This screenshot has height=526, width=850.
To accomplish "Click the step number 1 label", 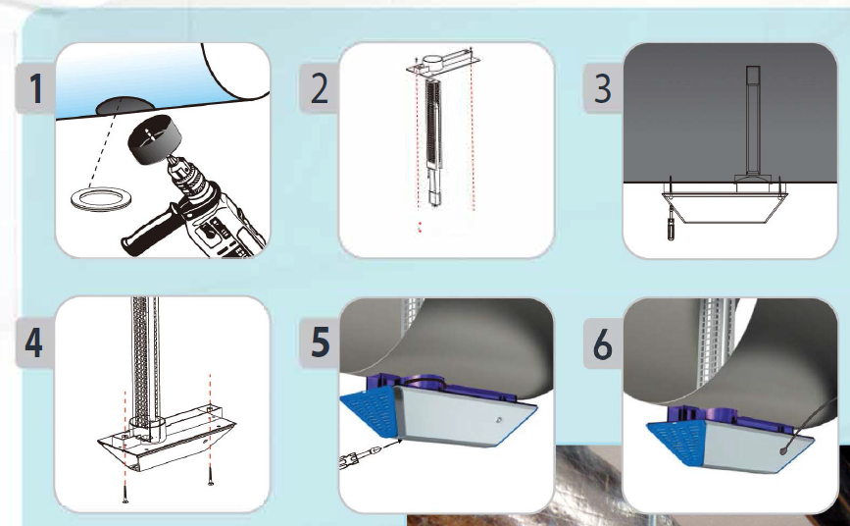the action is [x=35, y=88].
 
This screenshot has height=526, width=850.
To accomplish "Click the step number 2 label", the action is [x=320, y=88].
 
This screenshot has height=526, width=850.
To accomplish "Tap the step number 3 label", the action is [x=603, y=88].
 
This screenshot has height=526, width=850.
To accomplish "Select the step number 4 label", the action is [x=33, y=342].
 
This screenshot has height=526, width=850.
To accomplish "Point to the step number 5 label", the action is [x=320, y=342].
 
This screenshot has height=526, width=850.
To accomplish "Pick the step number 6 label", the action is [x=603, y=343].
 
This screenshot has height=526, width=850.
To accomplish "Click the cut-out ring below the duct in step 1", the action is [x=101, y=199].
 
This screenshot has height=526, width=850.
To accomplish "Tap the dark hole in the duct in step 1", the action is [x=125, y=106].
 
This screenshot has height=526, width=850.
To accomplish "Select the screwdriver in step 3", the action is [x=671, y=223].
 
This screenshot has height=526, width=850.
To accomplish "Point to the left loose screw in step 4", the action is [x=125, y=493].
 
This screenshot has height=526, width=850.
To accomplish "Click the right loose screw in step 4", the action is [x=211, y=476].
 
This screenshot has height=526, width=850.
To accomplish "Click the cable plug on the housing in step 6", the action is [x=784, y=450].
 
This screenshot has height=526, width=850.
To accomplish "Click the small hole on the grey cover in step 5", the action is [x=498, y=420].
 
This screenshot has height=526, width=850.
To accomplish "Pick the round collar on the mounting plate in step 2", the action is [x=432, y=62].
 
